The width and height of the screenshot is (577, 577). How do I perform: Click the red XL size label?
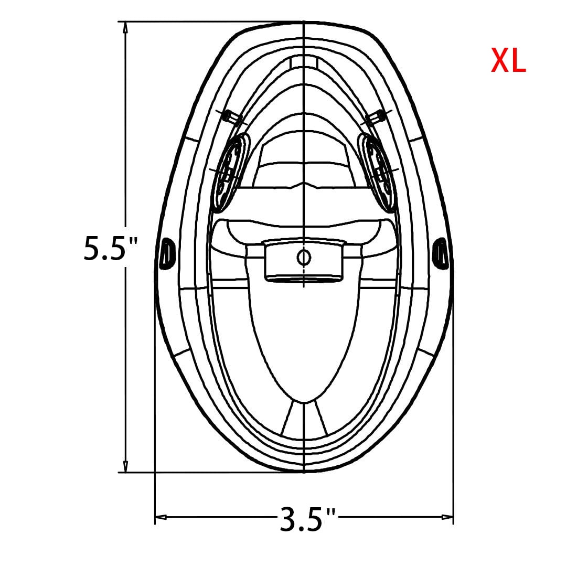pyautogui.click(x=508, y=61)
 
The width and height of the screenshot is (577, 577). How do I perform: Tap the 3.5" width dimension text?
pyautogui.click(x=308, y=519)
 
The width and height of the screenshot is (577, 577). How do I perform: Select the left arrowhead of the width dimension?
pyautogui.click(x=161, y=517)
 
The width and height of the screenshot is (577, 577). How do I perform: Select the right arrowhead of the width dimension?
pyautogui.click(x=447, y=517)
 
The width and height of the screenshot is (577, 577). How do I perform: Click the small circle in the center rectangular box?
pyautogui.click(x=304, y=257)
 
